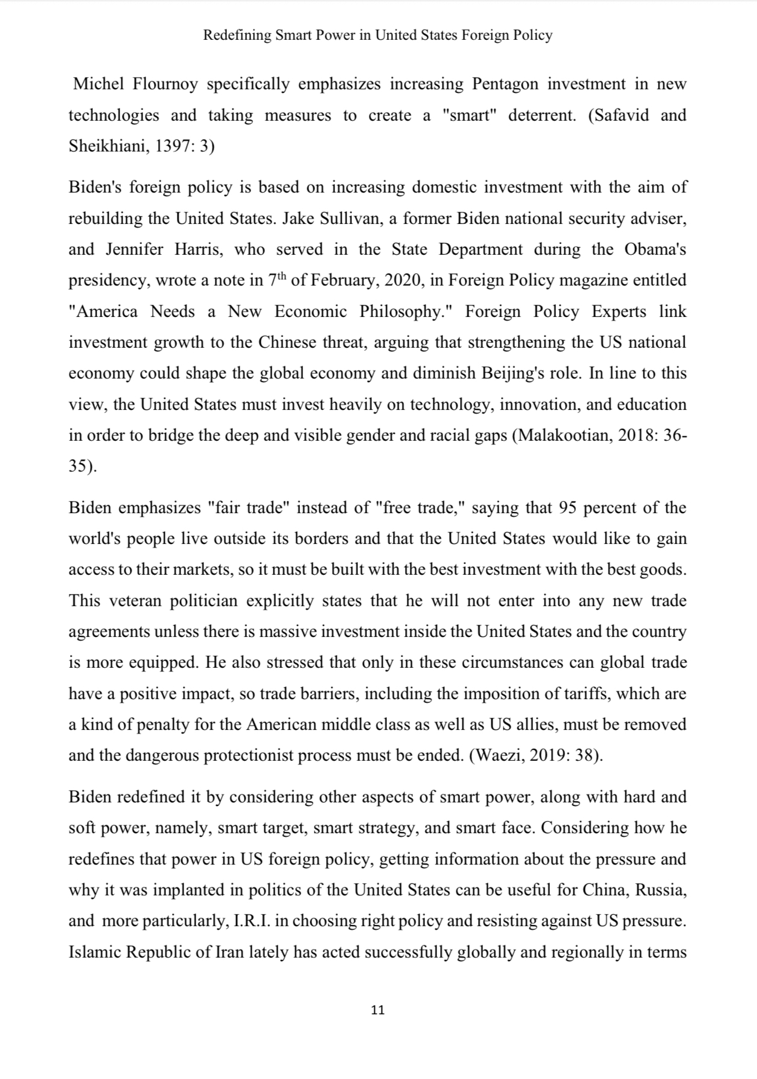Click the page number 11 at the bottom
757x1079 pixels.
click(378, 1010)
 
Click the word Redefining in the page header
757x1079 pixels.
click(237, 36)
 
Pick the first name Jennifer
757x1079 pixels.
click(135, 249)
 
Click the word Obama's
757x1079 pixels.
click(655, 249)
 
